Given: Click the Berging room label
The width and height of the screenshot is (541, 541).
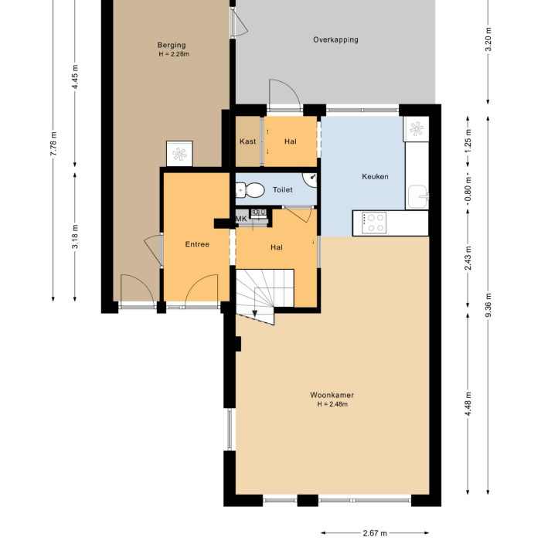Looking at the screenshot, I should click(x=172, y=45).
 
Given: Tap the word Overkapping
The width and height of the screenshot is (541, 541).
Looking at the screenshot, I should click(x=335, y=39).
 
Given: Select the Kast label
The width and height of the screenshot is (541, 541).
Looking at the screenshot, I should click(x=248, y=141).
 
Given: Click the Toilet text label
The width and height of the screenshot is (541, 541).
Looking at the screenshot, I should click(x=282, y=189).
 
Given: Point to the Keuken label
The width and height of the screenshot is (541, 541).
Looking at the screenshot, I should click(x=375, y=177).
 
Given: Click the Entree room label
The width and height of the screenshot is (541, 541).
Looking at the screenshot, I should click(x=197, y=244).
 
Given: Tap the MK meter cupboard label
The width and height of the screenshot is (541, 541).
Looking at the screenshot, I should click(x=241, y=219).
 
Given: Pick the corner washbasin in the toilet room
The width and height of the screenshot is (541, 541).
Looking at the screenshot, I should click(x=311, y=179).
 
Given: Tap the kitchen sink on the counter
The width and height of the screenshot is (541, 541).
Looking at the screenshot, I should click(x=417, y=196).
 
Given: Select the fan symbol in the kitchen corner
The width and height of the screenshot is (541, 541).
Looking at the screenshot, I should click(x=416, y=129).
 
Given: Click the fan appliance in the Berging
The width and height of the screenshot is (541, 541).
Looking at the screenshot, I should click(x=179, y=154).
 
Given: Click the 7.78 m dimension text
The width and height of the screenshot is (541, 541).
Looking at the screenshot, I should click(x=53, y=145).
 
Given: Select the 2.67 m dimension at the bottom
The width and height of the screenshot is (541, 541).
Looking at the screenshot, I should click(x=374, y=532).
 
